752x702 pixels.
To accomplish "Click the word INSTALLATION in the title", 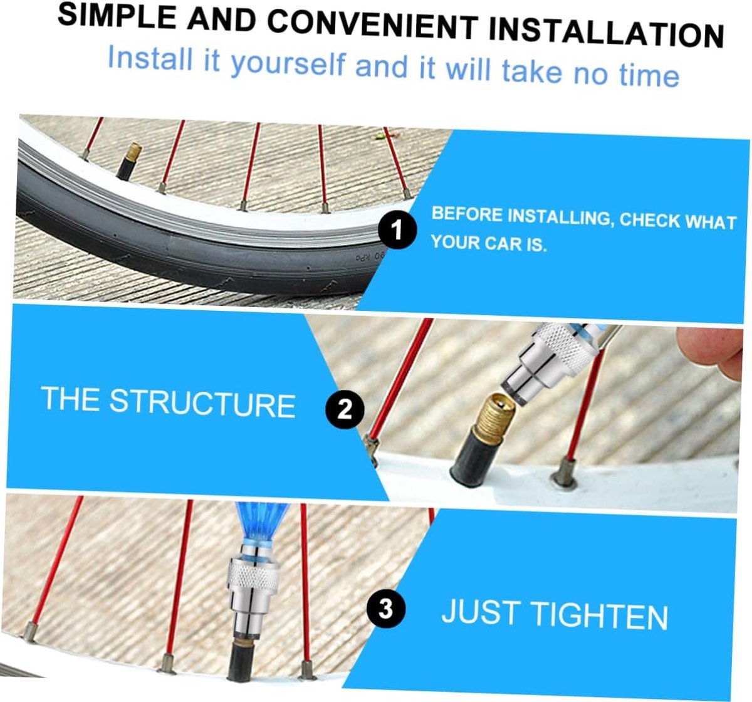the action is tap(606, 31).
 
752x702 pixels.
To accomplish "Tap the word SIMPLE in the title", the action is tap(117, 16).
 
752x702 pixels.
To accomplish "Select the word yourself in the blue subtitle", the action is tap(288, 63).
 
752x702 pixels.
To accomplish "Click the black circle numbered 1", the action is tap(397, 230).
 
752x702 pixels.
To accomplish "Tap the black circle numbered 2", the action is tap(345, 410).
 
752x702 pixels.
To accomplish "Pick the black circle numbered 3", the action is tap(385, 609).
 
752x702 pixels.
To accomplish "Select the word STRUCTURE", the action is tap(202, 403).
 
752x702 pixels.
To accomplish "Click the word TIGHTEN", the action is tap(600, 616).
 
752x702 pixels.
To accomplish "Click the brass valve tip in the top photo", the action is tap(133, 152).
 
